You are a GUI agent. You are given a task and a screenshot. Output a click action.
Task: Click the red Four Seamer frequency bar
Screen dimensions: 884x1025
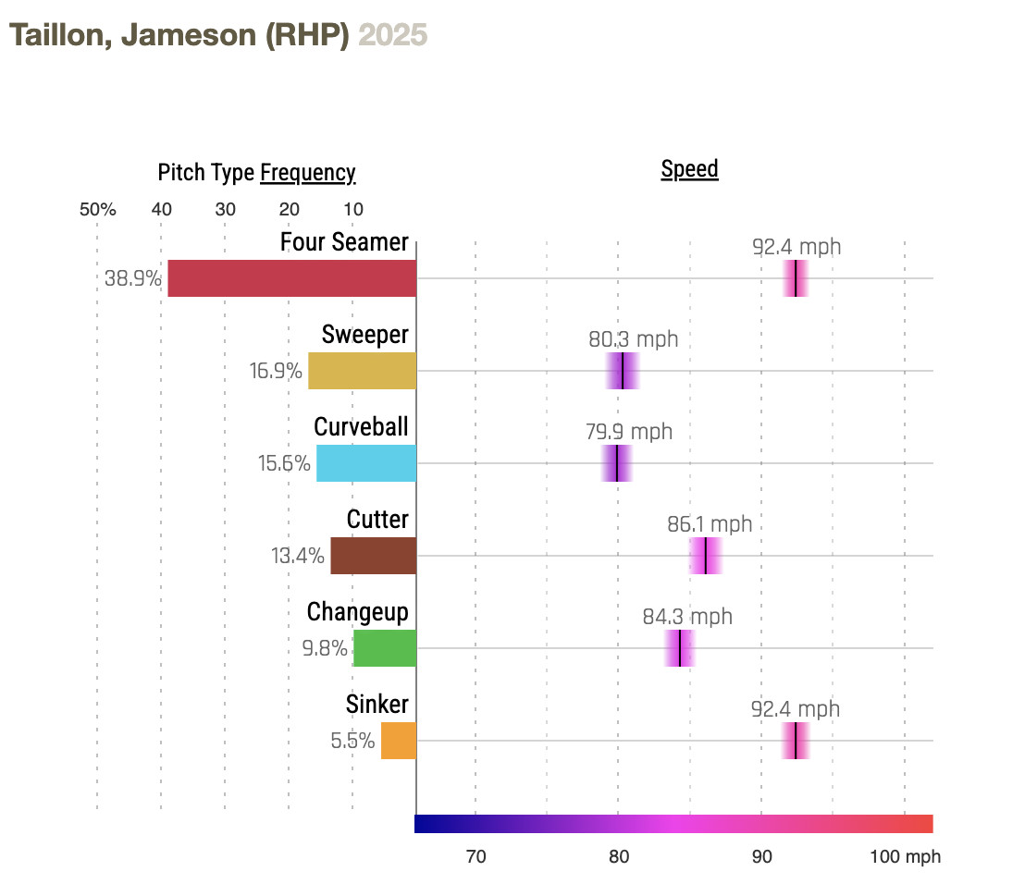(x=291, y=278)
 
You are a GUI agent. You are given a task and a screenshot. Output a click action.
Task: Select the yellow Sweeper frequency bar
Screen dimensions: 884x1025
(x=362, y=371)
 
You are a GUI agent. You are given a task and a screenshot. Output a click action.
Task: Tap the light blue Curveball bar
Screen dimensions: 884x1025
(x=366, y=463)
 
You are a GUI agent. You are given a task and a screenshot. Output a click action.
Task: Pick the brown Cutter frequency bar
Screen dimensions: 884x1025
(x=373, y=556)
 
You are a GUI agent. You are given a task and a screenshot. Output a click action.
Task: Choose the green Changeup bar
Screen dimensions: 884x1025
(x=385, y=648)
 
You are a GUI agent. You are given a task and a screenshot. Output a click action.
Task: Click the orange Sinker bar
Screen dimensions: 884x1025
(x=399, y=741)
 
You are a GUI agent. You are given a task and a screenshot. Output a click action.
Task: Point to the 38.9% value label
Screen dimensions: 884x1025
(x=133, y=278)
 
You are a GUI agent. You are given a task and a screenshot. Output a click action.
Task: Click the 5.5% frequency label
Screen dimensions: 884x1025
(x=352, y=741)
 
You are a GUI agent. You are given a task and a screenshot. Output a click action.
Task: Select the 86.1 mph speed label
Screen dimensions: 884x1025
(x=710, y=525)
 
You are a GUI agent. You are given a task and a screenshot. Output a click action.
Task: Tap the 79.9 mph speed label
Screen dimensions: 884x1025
(x=629, y=432)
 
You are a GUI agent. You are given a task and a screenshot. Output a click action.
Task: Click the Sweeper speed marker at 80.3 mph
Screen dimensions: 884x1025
(x=623, y=371)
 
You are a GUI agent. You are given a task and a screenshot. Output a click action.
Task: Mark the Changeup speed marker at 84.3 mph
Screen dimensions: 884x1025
(x=680, y=648)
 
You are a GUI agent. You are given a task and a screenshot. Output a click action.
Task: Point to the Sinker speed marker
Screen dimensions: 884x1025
(x=796, y=741)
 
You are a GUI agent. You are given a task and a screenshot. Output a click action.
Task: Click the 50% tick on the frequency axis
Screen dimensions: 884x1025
(x=97, y=209)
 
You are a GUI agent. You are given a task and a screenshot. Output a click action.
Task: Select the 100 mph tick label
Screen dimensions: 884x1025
(x=905, y=857)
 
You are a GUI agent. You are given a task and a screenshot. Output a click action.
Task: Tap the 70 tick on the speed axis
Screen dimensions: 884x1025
(x=475, y=857)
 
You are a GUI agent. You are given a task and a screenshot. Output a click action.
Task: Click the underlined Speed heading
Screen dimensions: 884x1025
(x=689, y=169)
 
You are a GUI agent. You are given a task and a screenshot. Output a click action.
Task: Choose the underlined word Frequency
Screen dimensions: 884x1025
(x=308, y=173)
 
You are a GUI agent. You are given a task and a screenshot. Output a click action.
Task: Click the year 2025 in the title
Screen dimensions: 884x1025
(x=393, y=35)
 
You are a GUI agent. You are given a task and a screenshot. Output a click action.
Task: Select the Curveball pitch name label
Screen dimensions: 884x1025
(x=361, y=427)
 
